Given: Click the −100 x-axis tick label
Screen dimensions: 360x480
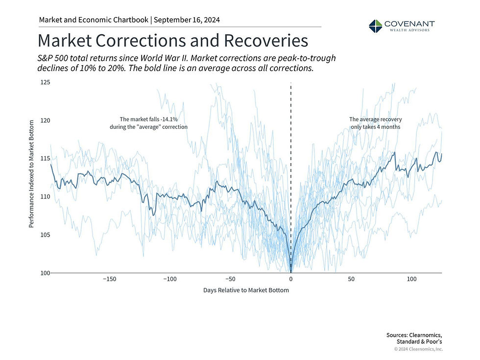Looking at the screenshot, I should point(169,279).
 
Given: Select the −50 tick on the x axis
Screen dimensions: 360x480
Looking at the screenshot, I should point(230,279).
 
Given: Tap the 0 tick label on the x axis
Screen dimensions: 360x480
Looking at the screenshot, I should point(291,279).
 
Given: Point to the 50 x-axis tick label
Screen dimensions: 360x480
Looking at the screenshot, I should point(352,279).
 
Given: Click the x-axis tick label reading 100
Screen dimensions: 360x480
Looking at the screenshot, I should point(412,279).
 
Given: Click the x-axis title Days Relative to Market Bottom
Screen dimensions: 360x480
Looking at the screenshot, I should point(246,290).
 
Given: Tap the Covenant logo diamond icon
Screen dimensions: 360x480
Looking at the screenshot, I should point(375,26).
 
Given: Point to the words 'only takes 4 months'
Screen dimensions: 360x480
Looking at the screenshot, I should point(375,126).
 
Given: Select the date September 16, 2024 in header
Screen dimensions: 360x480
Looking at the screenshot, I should point(188,20).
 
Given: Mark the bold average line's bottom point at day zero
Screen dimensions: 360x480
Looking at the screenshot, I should point(291,271).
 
